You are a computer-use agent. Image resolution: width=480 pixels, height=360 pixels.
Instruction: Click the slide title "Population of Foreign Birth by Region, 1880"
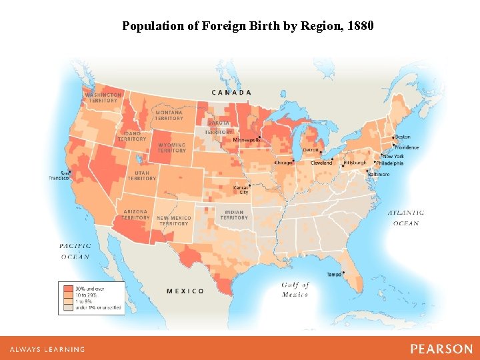pos(248,26)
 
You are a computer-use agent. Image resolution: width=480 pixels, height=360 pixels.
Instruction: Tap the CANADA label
pos(231,92)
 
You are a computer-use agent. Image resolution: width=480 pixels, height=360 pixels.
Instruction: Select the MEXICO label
pos(185,291)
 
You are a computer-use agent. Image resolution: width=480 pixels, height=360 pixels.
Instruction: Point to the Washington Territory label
pos(103,97)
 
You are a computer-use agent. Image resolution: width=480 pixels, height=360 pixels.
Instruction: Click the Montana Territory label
pos(169,115)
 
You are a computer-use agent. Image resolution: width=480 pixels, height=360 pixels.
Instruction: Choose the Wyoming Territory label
pos(171,148)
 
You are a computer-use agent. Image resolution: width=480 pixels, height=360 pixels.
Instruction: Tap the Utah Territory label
pos(141,175)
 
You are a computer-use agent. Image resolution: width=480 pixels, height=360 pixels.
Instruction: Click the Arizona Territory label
pos(135,215)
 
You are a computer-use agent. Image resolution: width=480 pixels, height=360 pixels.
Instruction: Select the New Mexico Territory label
pos(173,221)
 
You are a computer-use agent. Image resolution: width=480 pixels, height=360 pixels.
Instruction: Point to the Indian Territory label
pos(234,215)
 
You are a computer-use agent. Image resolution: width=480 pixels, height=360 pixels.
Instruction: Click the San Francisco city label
pos(59,175)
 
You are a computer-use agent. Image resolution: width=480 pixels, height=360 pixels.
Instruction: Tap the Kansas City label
pos(241,190)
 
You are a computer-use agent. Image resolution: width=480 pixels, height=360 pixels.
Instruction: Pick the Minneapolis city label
pos(247,140)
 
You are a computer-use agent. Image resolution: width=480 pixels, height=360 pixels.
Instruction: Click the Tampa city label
pos(334,275)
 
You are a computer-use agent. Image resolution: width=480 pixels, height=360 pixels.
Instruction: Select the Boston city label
pos(403,137)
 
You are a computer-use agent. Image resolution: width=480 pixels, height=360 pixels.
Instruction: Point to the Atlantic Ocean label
pos(406,218)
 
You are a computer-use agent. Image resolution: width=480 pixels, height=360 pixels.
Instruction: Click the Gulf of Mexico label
pos(295,289)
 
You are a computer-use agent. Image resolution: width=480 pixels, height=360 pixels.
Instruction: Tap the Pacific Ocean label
pos(75,251)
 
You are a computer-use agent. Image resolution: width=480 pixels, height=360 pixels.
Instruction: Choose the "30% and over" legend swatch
pos(68,288)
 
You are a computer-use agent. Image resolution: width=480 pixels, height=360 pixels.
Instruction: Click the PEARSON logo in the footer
pos(441,349)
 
